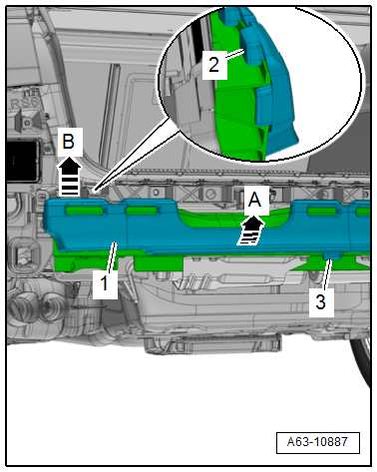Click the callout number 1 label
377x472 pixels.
105,283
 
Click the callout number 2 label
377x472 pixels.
214,65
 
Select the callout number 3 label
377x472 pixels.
321,301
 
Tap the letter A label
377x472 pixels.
255,200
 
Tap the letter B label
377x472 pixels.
69,142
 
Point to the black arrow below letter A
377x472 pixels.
250,231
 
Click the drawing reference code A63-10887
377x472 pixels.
317,442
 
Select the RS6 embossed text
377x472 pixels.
24,103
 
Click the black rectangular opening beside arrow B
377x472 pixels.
23,162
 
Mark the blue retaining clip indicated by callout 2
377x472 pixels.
251,47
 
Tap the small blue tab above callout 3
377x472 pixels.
331,255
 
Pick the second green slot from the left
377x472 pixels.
141,211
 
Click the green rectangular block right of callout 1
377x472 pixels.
159,263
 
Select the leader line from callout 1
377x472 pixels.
112,256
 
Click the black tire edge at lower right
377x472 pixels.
361,362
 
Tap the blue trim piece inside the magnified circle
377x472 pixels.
271,83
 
